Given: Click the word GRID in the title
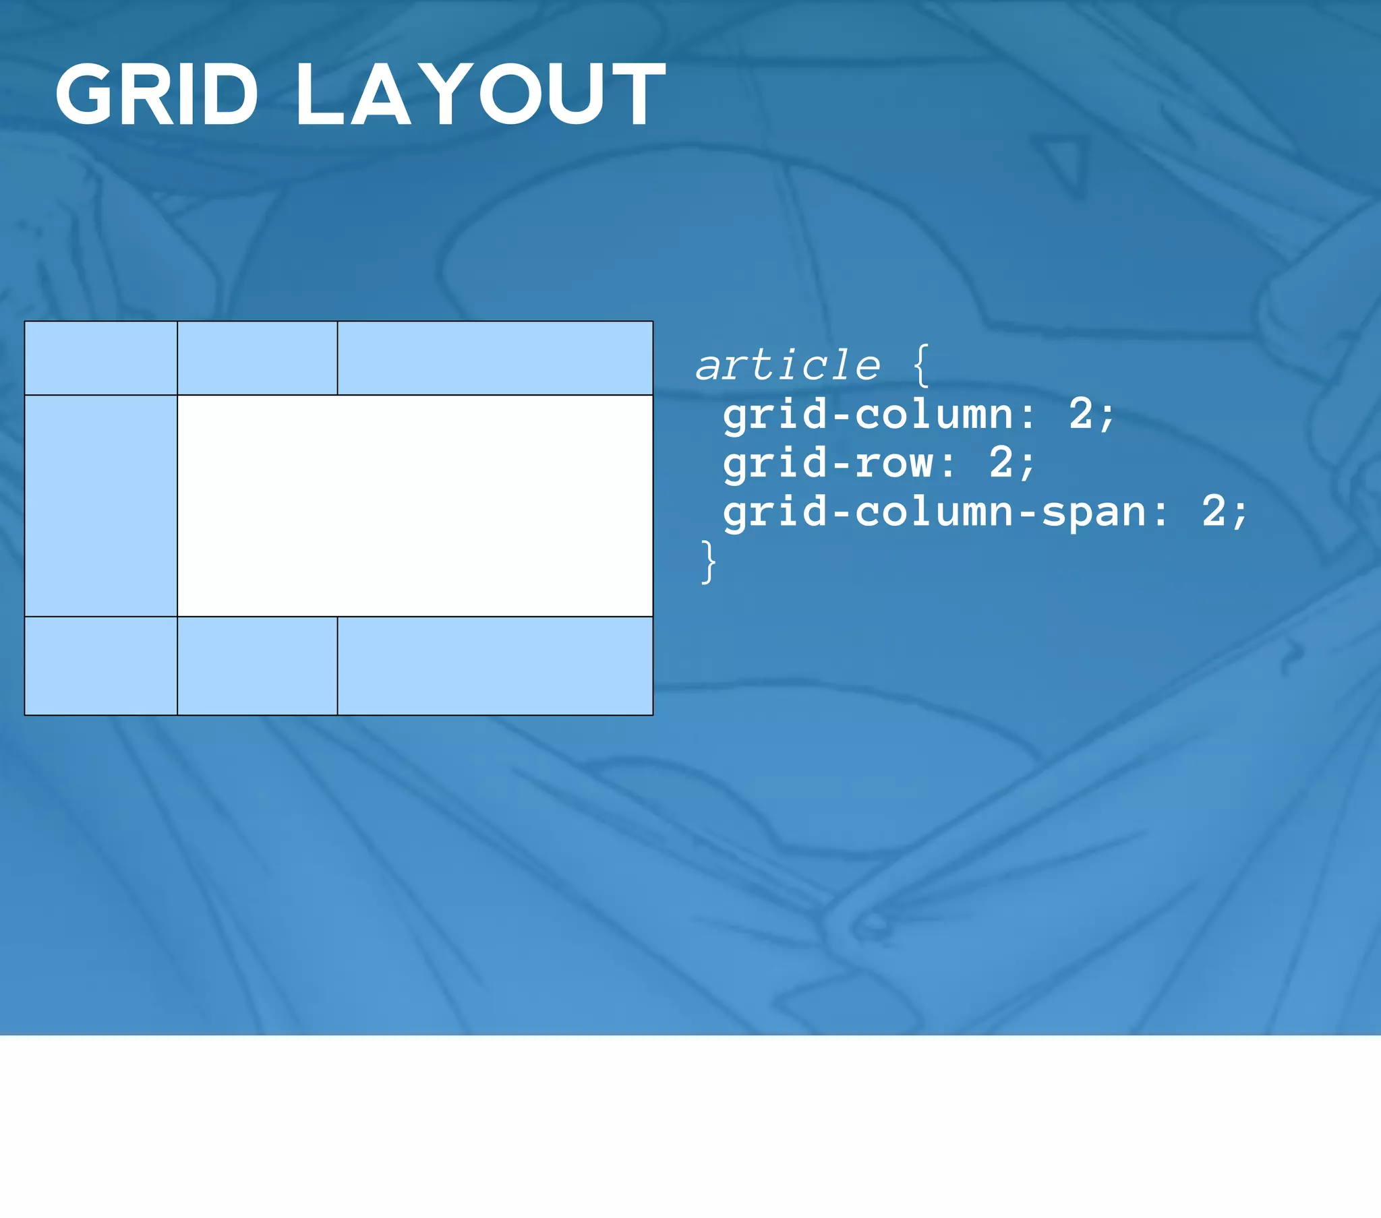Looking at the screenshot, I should click(156, 94).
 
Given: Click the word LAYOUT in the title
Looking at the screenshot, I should click(480, 94).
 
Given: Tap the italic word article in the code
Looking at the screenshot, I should click(788, 366).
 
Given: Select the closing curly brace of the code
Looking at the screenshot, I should click(708, 561).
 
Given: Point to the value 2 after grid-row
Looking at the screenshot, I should click(1001, 464).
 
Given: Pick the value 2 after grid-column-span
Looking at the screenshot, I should click(1213, 512).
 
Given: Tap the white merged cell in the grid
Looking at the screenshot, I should click(415, 506).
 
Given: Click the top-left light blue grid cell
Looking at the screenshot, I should click(100, 358).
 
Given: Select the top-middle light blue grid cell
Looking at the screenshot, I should click(258, 358).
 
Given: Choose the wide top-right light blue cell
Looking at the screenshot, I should click(495, 358).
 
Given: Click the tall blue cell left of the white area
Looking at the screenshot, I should click(100, 506).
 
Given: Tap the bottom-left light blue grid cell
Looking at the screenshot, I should click(100, 665).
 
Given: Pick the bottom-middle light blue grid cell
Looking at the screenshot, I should click(258, 665).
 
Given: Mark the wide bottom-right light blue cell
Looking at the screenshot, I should click(495, 665).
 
